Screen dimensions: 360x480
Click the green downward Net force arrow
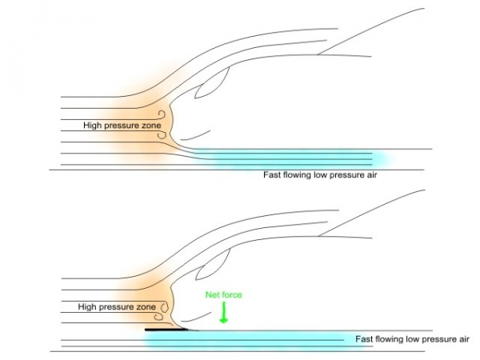coord(224,313)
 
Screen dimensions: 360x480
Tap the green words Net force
coord(224,294)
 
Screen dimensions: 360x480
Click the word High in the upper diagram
coord(92,126)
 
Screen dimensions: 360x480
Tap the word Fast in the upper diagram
coord(274,174)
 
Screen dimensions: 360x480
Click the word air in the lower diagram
coord(462,339)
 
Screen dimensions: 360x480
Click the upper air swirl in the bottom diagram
coord(165,304)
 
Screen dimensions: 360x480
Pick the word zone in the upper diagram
coord(151,126)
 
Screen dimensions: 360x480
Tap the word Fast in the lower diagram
coord(366,339)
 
